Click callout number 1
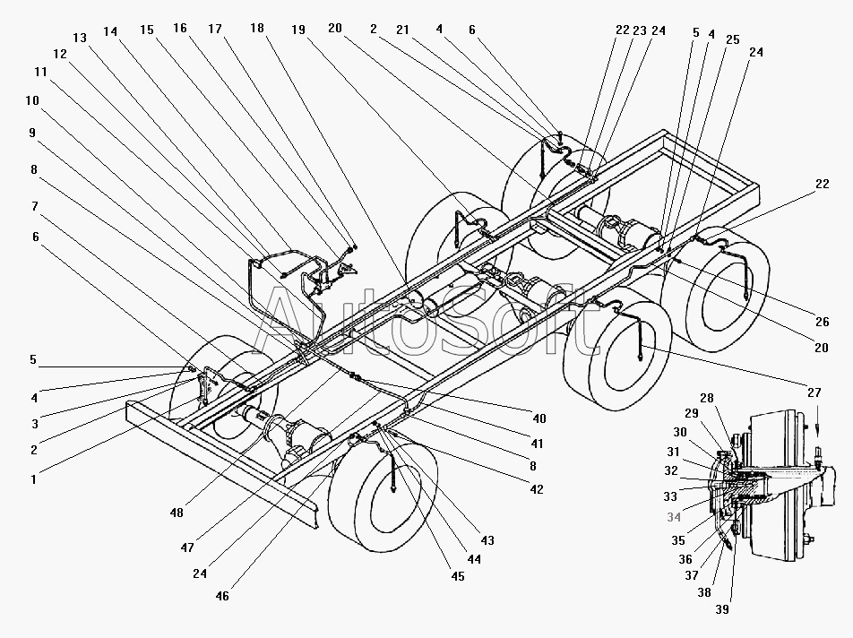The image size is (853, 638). (x=34, y=479)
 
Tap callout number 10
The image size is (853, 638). (x=32, y=100)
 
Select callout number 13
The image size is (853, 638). (x=80, y=38)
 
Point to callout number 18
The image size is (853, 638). (x=257, y=29)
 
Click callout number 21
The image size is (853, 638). (x=402, y=30)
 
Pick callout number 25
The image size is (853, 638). (x=733, y=39)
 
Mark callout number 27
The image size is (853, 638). (x=814, y=392)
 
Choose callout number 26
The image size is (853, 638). (x=822, y=322)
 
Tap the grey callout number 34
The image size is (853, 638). (x=674, y=517)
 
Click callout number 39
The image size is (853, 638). (x=722, y=609)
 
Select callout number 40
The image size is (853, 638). (x=539, y=418)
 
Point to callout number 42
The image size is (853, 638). (x=537, y=489)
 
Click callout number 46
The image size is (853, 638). (x=222, y=596)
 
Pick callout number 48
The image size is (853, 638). (x=177, y=513)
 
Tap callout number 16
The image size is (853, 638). (x=180, y=29)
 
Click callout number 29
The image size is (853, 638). (x=692, y=413)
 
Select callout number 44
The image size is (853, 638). (x=474, y=559)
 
